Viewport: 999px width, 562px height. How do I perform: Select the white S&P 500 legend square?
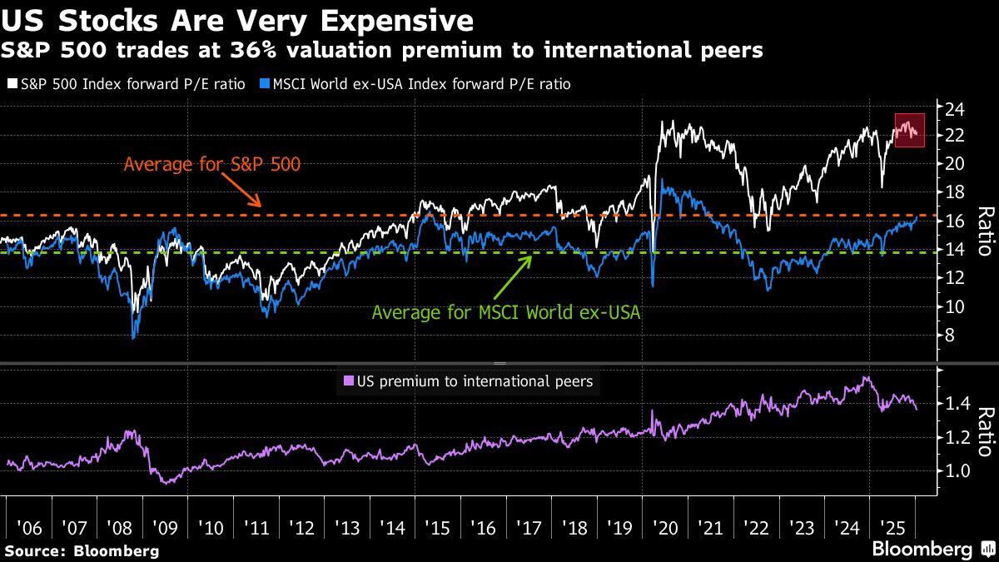[x=10, y=84]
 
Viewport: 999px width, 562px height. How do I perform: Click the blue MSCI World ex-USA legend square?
[x=266, y=84]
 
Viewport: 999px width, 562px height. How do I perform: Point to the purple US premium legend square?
[x=348, y=382]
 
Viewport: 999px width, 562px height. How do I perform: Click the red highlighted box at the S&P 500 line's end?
[x=909, y=130]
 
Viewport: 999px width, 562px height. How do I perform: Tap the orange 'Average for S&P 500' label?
[x=211, y=164]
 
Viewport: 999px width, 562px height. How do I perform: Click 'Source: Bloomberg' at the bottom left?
[x=82, y=550]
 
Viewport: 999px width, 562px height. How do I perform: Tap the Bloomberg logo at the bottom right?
[x=932, y=549]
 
